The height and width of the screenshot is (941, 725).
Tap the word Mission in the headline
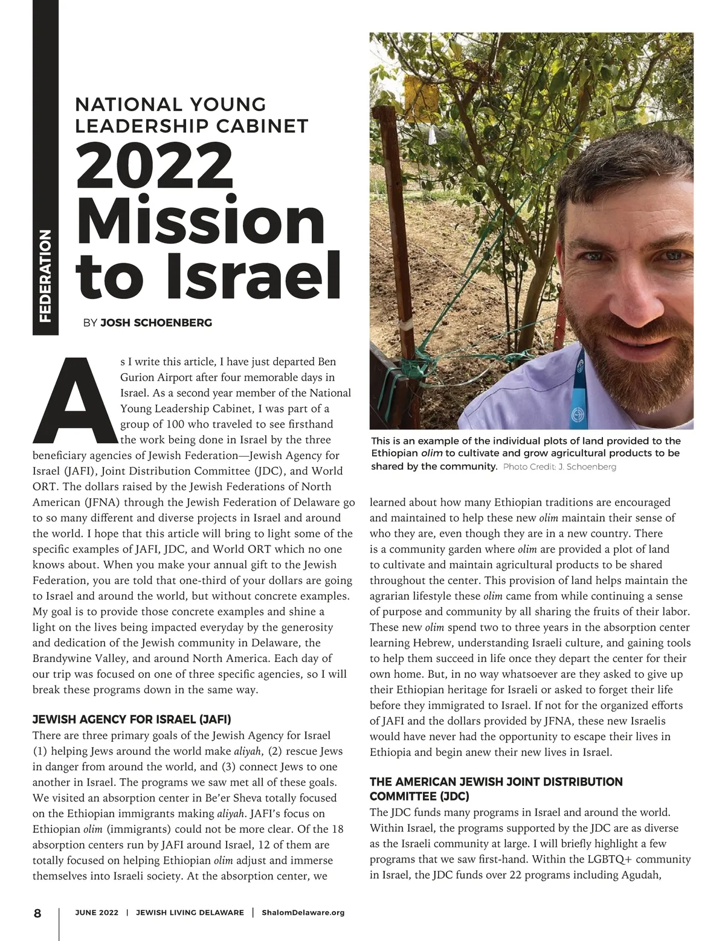tap(200, 220)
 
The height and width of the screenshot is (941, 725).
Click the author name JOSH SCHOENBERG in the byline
tap(156, 323)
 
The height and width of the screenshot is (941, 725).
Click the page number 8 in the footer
tap(37, 913)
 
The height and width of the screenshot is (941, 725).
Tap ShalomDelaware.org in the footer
tap(303, 913)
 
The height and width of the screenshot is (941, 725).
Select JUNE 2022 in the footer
tap(97, 913)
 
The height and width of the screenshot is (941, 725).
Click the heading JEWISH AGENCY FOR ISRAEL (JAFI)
tap(132, 719)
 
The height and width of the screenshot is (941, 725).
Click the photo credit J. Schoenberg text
tap(559, 467)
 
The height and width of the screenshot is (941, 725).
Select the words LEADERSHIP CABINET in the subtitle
tap(192, 126)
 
